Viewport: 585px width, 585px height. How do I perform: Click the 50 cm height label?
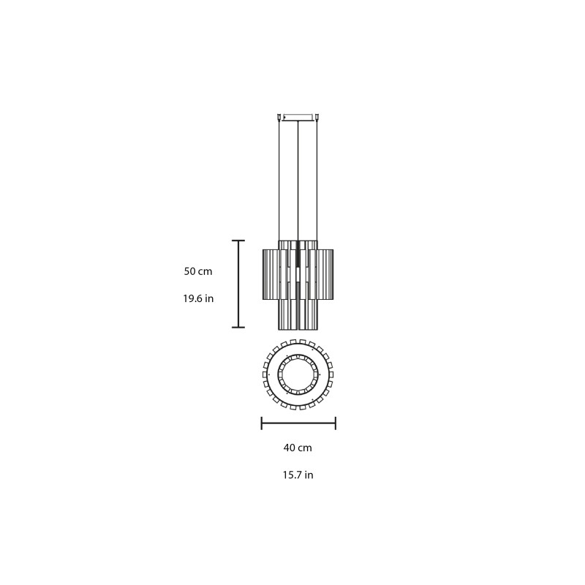coord(198,271)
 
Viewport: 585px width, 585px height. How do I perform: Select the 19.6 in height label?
coord(198,298)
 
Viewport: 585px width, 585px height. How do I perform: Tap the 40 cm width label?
coord(298,448)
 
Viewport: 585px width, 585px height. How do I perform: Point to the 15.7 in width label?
coord(298,475)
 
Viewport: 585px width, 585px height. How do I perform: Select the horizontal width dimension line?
coord(298,423)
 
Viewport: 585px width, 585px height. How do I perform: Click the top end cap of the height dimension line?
coord(238,241)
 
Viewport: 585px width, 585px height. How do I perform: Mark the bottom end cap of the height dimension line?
coord(238,327)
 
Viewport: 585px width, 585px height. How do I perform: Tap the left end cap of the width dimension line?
coord(262,423)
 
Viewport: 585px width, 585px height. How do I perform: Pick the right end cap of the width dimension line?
coord(335,423)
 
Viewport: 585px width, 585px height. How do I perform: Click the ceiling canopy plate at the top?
coord(298,116)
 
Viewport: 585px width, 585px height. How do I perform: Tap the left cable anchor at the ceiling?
coord(279,116)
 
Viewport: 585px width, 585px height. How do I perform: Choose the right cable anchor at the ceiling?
coord(317,116)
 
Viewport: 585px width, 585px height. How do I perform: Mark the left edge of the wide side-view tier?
coord(264,275)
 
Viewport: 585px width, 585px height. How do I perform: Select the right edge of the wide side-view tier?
coord(333,275)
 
